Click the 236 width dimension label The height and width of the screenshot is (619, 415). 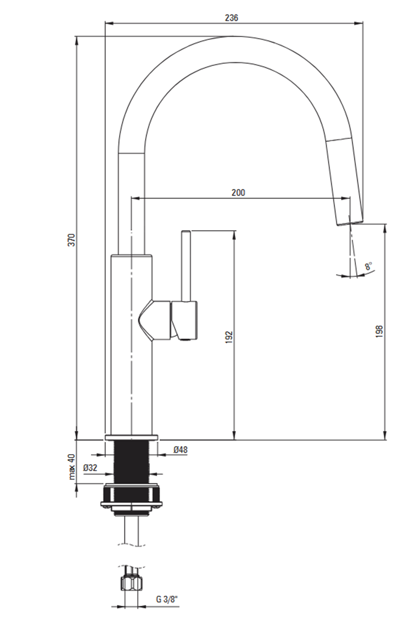click(x=231, y=18)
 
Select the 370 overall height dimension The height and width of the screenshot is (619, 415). click(x=72, y=240)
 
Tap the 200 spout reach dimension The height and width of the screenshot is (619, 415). click(x=238, y=192)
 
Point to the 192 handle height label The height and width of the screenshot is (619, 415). click(x=229, y=337)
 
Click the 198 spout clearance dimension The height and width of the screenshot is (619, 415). click(x=379, y=331)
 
